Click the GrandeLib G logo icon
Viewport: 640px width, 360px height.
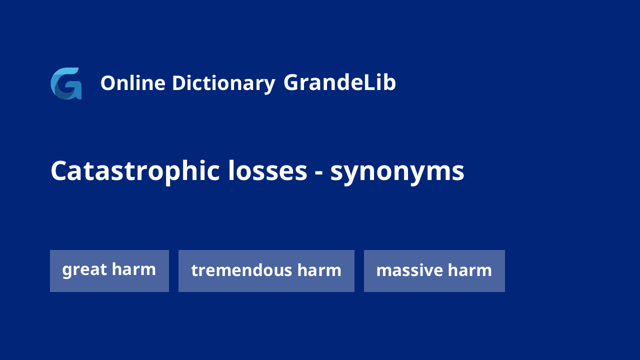click(66, 83)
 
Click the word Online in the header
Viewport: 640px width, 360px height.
click(133, 83)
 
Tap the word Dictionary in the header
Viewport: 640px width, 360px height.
click(223, 84)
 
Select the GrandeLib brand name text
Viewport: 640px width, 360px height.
click(339, 82)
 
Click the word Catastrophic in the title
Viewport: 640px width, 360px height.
click(135, 171)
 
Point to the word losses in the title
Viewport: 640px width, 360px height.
click(267, 170)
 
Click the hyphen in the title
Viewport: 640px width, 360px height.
click(318, 173)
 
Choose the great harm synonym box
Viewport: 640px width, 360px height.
click(109, 271)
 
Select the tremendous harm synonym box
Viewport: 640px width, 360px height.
click(266, 271)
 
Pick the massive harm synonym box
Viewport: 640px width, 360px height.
click(434, 271)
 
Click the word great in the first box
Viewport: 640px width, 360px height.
click(84, 270)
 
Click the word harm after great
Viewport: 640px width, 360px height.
click(133, 269)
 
